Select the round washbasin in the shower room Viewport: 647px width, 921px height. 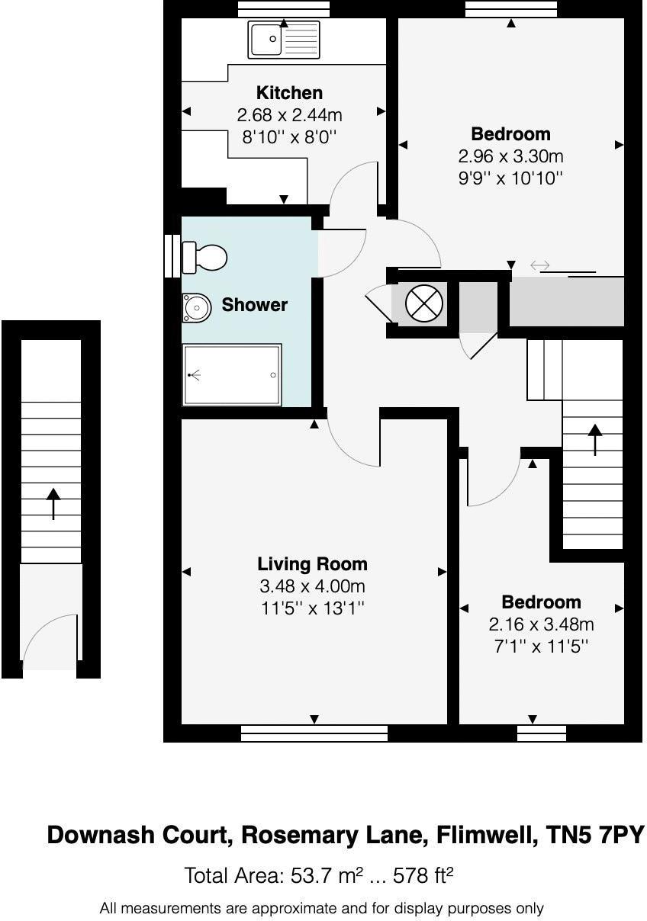pos(195,308)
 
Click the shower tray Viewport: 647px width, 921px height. pos(232,374)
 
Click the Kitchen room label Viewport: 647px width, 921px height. pos(289,93)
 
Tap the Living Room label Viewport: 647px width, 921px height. pos(312,564)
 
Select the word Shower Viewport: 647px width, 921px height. pos(254,305)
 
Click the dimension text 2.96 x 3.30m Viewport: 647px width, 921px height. pos(510,156)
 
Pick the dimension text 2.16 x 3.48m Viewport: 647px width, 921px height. pos(541,625)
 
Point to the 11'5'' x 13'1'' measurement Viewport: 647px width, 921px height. pos(312,608)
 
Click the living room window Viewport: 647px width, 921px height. pos(314,733)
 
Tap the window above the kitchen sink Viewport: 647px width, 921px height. pos(283,8)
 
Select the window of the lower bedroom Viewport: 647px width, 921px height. pos(541,733)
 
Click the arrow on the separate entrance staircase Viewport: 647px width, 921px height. pos(53,503)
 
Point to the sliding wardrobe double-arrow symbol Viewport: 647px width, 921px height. pos(539,265)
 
